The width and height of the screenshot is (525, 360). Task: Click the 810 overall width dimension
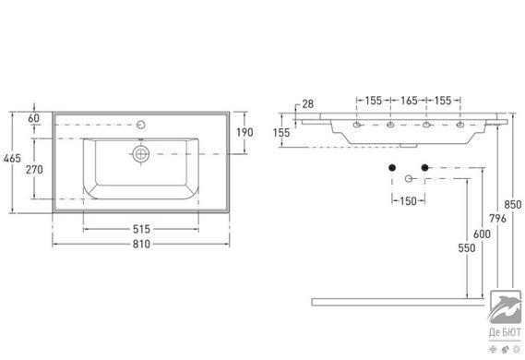[x=141, y=244]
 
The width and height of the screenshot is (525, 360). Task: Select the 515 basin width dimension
[x=141, y=230]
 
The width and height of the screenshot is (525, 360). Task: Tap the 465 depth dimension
[x=12, y=158]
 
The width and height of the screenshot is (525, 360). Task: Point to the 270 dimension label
[x=34, y=170]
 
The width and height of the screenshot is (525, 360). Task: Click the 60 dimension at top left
[x=33, y=118]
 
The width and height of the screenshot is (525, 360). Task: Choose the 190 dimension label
[x=245, y=132]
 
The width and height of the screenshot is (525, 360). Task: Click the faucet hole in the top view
[x=141, y=125]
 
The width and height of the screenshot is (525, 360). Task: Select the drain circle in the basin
[x=141, y=154]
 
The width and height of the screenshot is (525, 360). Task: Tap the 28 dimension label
[x=307, y=104]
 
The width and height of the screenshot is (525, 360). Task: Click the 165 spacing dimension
[x=409, y=101]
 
